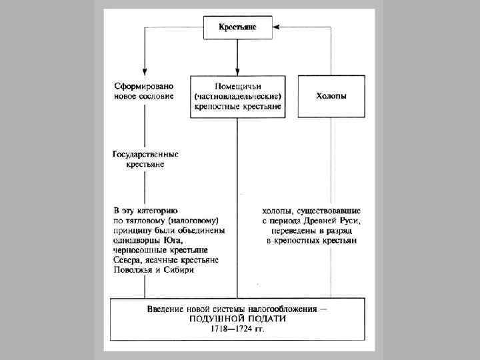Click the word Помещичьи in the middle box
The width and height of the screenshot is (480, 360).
coord(237,87)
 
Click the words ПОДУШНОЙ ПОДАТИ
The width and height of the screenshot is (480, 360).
coord(238,319)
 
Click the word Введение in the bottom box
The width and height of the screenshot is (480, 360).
coord(168,309)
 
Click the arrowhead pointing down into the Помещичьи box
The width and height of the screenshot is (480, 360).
coord(237,71)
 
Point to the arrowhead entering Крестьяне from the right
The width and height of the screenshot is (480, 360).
coord(279,27)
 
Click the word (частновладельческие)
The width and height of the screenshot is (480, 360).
coord(237,97)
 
